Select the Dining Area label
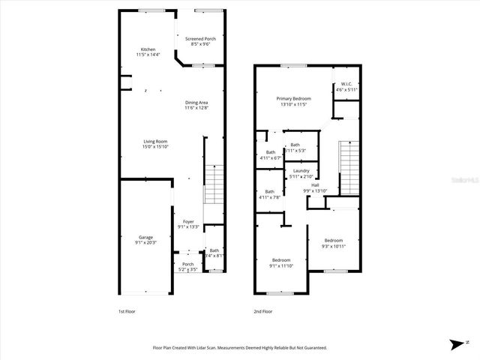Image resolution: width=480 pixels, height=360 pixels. pos(196,105)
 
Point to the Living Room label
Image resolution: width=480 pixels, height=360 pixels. pos(155,144)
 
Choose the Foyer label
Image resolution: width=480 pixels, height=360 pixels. pos(187,223)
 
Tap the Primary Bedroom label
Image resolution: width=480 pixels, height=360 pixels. pos(293,101)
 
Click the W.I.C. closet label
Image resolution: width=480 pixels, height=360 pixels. pos(346,86)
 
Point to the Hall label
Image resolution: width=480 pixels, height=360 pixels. pos(315,188)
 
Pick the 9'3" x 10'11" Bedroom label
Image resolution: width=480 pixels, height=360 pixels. pos(333,243)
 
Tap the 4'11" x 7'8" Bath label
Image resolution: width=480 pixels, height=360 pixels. pos(269,194)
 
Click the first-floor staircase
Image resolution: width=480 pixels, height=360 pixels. pos(214,183)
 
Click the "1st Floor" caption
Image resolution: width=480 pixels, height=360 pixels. pos(127,311)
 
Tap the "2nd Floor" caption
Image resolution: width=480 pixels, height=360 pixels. pos(262,311)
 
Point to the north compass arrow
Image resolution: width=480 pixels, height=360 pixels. pos(455,344)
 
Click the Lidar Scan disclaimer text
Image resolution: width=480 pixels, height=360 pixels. pos(239,348)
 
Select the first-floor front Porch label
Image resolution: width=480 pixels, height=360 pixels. pos(187,266)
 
